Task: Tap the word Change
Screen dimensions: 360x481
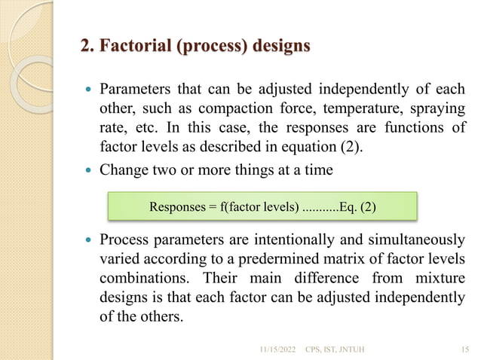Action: click(125, 170)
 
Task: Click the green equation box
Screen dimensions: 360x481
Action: click(262, 206)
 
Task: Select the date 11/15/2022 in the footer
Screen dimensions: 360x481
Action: click(278, 348)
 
